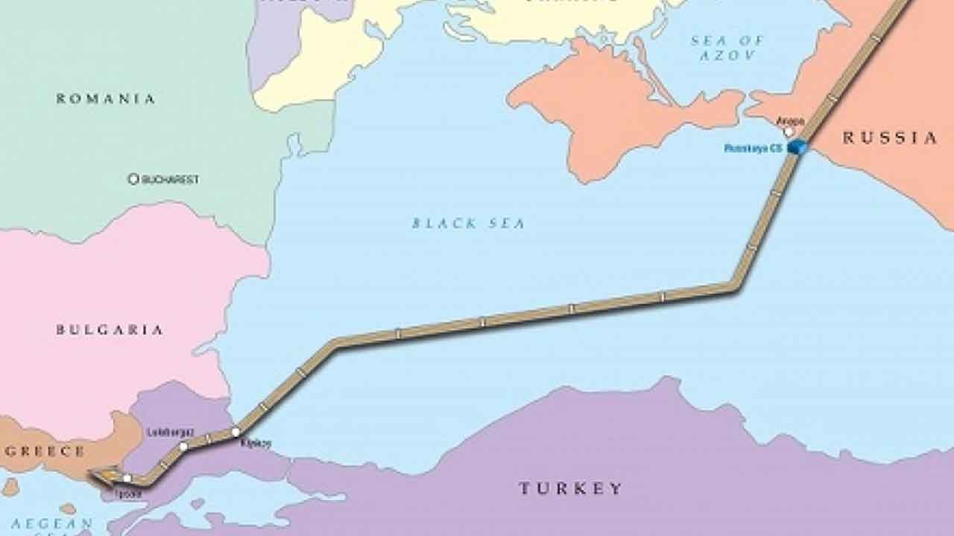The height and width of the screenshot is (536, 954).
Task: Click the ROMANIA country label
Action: coord(106,98)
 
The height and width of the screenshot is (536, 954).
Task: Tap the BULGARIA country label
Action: coord(110,329)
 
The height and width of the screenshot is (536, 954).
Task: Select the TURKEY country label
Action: coord(570,488)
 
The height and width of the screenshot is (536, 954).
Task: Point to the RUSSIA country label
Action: coord(890,138)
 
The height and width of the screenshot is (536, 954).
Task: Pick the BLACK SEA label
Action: coord(469,223)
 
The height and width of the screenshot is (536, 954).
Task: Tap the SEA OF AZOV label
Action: coord(727,48)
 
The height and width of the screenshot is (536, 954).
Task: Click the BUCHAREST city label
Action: coord(171,179)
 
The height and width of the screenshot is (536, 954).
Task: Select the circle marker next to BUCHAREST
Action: coord(133,179)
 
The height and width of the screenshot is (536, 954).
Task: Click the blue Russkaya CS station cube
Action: coord(797,147)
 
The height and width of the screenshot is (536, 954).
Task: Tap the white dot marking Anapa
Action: coord(789,131)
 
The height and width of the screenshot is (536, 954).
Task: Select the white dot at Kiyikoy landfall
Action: coord(236,432)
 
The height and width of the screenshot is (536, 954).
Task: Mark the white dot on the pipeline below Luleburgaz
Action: coord(183,447)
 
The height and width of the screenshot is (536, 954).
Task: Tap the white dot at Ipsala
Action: coord(127,479)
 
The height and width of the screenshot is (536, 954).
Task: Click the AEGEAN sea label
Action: coord(51,523)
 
